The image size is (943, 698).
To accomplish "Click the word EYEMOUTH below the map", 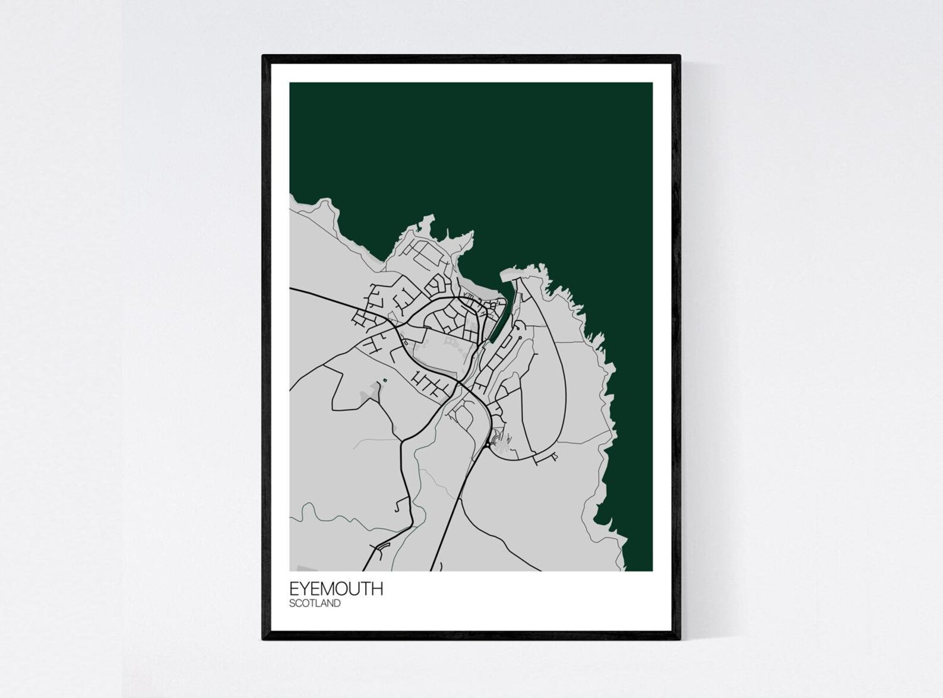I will (x=336, y=589).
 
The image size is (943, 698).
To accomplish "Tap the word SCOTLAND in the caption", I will (x=315, y=604).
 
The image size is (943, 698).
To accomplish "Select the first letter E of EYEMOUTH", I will (x=294, y=589).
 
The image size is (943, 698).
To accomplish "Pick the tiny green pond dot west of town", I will (x=385, y=379).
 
